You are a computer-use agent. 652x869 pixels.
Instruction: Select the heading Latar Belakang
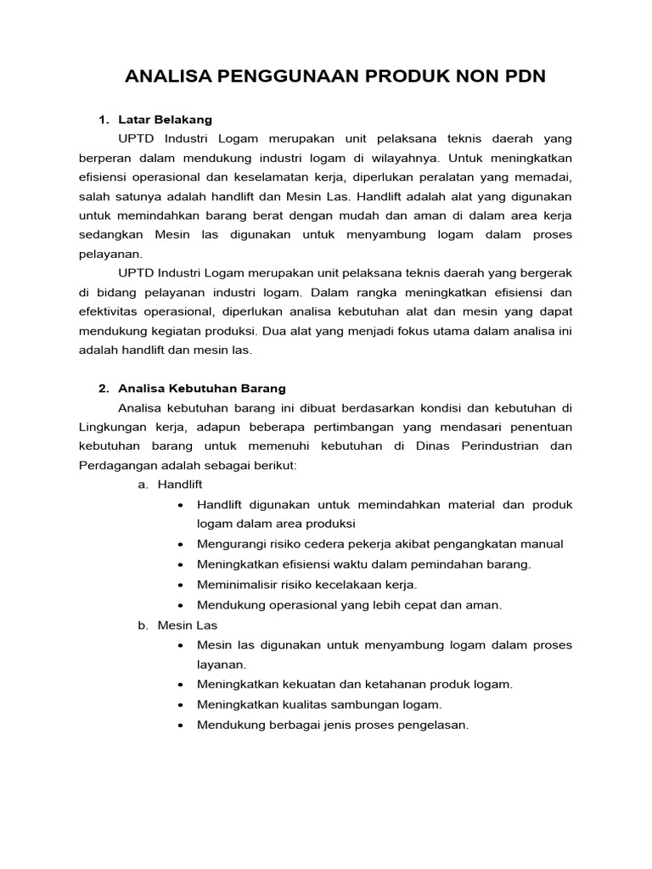(165, 120)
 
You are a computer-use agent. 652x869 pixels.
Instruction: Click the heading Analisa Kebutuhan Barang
(203, 389)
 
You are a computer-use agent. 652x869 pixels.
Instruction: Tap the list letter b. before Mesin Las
(143, 625)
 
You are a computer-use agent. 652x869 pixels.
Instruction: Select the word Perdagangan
(119, 465)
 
